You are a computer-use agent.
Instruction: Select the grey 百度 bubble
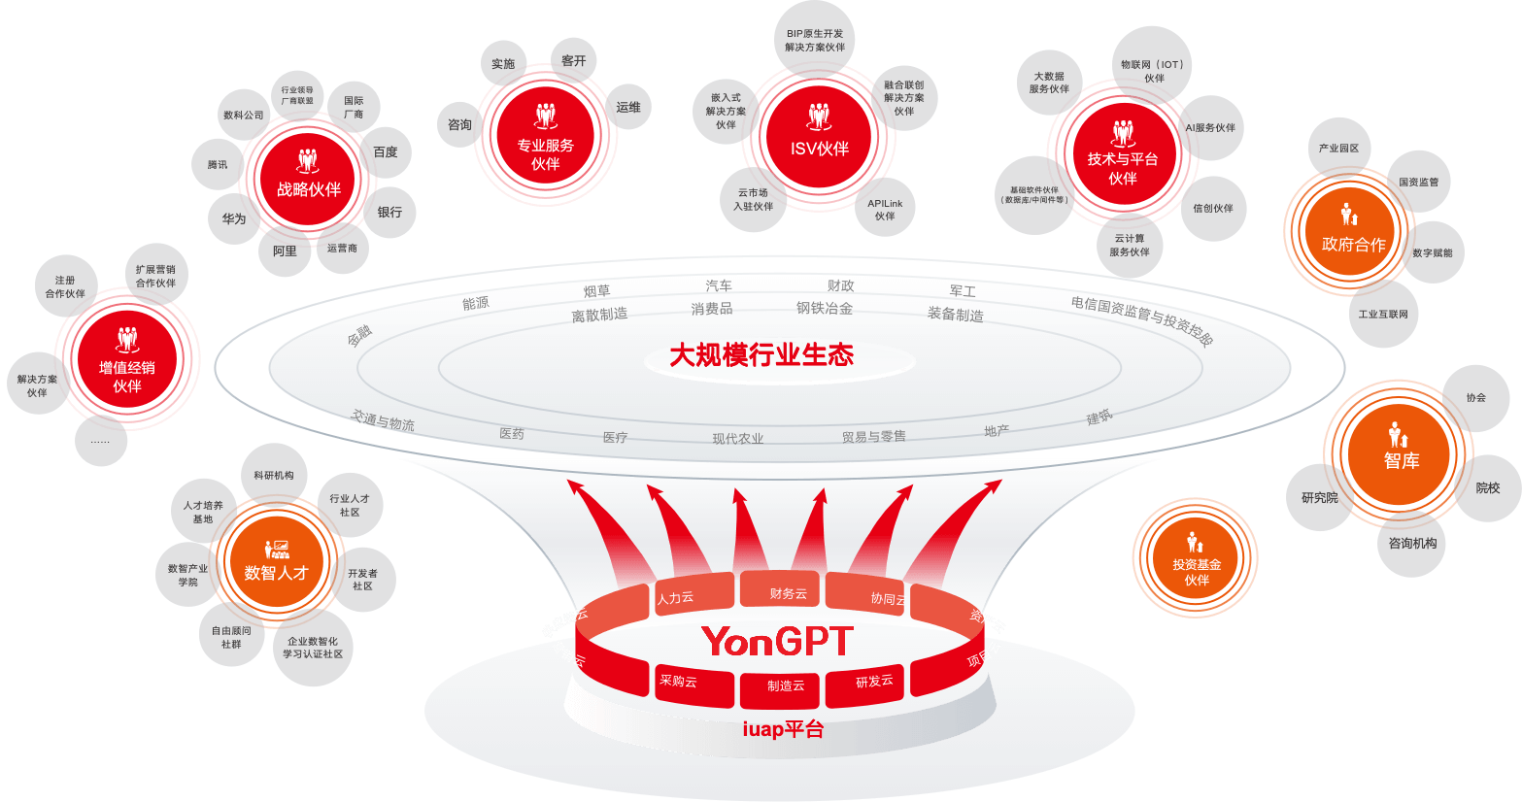tap(386, 152)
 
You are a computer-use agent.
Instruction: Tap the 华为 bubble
tap(234, 218)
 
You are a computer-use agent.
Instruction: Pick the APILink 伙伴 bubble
tap(885, 209)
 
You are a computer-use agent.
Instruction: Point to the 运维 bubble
tap(628, 108)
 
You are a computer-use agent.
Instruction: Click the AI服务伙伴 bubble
tap(1210, 127)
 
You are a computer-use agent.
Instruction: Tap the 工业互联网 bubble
tap(1383, 314)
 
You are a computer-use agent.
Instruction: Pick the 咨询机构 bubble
tap(1412, 543)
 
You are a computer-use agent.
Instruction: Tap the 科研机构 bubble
tap(274, 476)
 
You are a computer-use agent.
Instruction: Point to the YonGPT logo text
tap(777, 642)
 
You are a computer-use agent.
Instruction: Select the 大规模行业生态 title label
tap(761, 355)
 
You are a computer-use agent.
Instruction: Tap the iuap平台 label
tap(783, 729)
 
